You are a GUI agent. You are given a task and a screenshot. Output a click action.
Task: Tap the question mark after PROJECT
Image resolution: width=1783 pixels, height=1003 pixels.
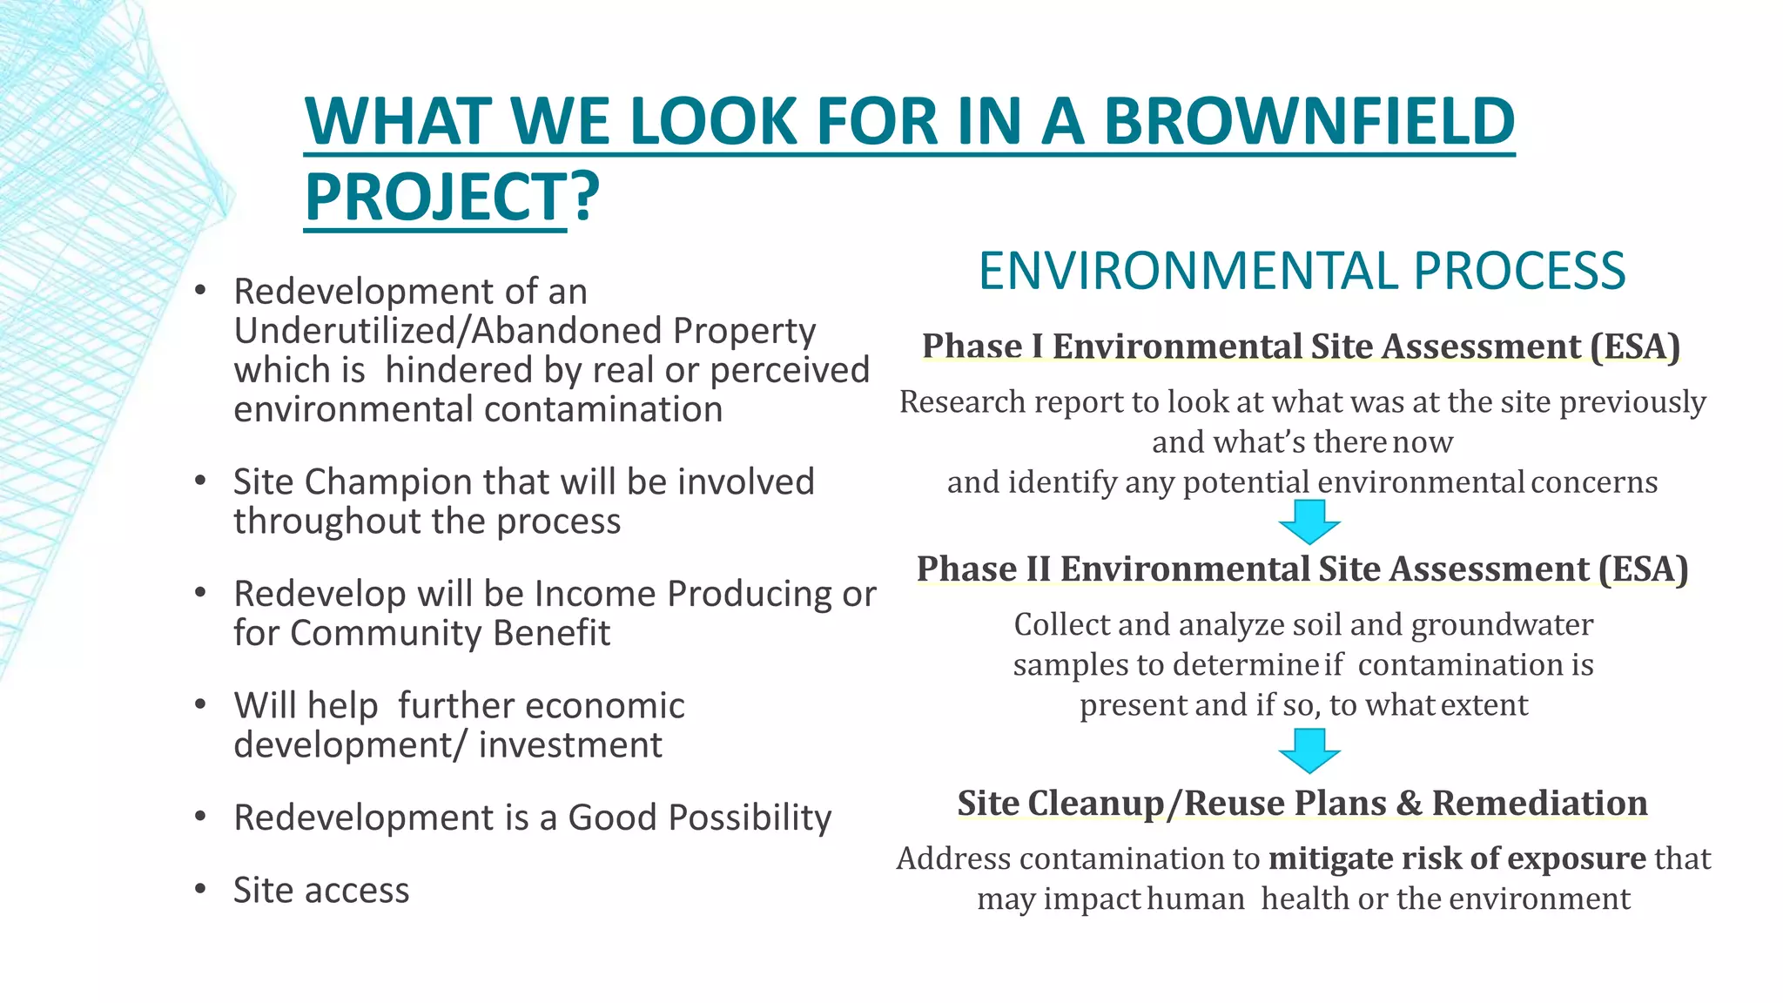click(x=586, y=197)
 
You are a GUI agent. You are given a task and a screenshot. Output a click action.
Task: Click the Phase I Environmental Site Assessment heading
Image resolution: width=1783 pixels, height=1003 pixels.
click(x=1301, y=346)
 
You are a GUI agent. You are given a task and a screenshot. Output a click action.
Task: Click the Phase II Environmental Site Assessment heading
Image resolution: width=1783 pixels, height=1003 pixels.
click(x=1302, y=569)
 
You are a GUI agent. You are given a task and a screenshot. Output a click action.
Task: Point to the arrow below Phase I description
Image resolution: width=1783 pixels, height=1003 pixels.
click(x=1309, y=522)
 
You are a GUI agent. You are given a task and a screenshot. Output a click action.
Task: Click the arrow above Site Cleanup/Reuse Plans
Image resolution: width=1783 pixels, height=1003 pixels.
click(x=1309, y=751)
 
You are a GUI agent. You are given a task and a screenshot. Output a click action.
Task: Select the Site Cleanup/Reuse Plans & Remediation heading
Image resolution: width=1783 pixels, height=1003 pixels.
click(x=1302, y=803)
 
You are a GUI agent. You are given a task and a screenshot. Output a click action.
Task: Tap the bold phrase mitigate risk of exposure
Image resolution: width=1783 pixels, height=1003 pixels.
click(x=1457, y=858)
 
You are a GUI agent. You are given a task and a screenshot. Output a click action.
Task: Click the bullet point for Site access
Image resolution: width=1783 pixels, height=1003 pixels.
click(x=200, y=889)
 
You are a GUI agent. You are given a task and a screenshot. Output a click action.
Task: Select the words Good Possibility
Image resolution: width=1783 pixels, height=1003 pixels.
click(x=699, y=818)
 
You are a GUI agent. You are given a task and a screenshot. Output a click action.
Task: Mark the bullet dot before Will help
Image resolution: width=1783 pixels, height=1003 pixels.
click(x=200, y=704)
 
